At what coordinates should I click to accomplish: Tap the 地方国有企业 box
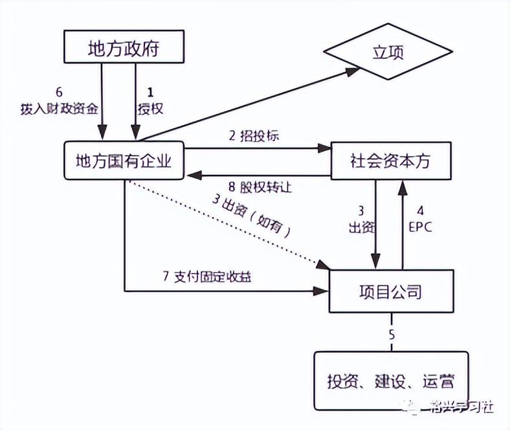pyautogui.click(x=123, y=161)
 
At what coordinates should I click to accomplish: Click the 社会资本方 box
pyautogui.click(x=390, y=161)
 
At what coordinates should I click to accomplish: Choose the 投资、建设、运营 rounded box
pyautogui.click(x=390, y=381)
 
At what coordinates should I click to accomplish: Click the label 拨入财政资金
pyautogui.click(x=59, y=108)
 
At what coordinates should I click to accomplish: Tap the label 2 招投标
pyautogui.click(x=254, y=137)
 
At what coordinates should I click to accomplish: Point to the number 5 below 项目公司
pyautogui.click(x=391, y=335)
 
